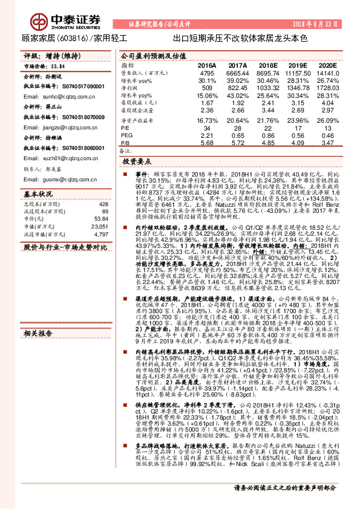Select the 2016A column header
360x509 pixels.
pyautogui.click(x=207, y=64)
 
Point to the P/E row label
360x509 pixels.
pyautogui.click(x=126, y=129)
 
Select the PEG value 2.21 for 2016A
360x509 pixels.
pyautogui.click(x=207, y=136)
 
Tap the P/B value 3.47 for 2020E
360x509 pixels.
pyautogui.click(x=326, y=143)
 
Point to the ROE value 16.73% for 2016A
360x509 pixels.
pyautogui.click(x=207, y=122)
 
